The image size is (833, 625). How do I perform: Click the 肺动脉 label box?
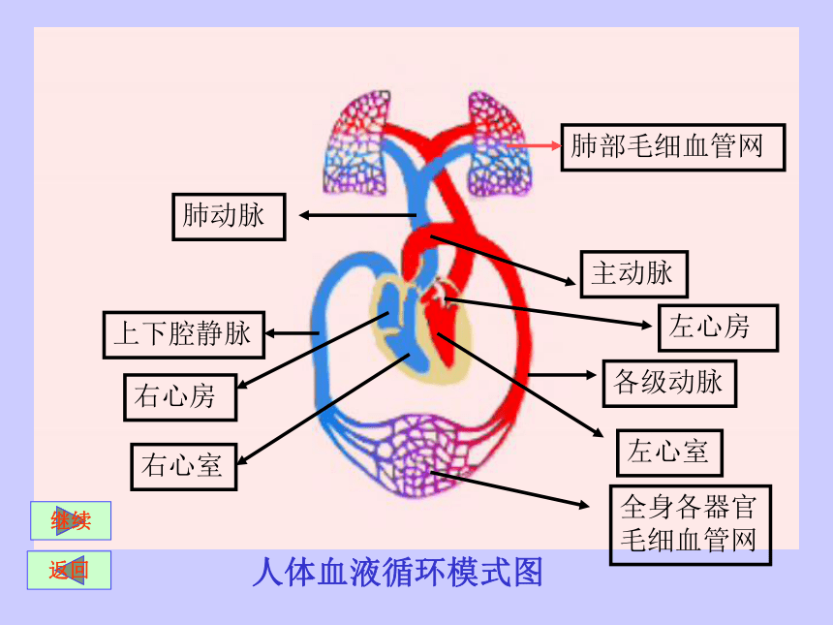[x=229, y=217]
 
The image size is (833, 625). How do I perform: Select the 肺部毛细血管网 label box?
[x=673, y=147]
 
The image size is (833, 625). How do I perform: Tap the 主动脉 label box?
[x=634, y=273]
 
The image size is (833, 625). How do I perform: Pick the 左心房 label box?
[x=719, y=328]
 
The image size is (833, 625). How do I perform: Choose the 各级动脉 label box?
[x=669, y=384]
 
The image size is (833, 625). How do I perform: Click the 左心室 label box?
[x=669, y=453]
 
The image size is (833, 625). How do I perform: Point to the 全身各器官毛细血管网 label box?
[x=690, y=524]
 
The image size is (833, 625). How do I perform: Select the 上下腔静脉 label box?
[x=184, y=335]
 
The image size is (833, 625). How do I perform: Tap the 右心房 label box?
[x=180, y=397]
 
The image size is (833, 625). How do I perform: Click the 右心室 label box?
[x=184, y=467]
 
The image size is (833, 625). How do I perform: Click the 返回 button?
[x=69, y=571]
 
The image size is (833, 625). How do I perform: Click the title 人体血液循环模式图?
[x=397, y=573]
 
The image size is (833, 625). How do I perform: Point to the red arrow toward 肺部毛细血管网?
[x=534, y=145]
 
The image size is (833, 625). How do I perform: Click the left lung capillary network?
[x=357, y=142]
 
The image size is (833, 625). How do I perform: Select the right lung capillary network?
[x=498, y=143]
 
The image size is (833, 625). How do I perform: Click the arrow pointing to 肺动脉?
[x=357, y=215]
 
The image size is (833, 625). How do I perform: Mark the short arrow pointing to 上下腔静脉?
[x=292, y=333]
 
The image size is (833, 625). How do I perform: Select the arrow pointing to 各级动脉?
[x=562, y=375]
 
